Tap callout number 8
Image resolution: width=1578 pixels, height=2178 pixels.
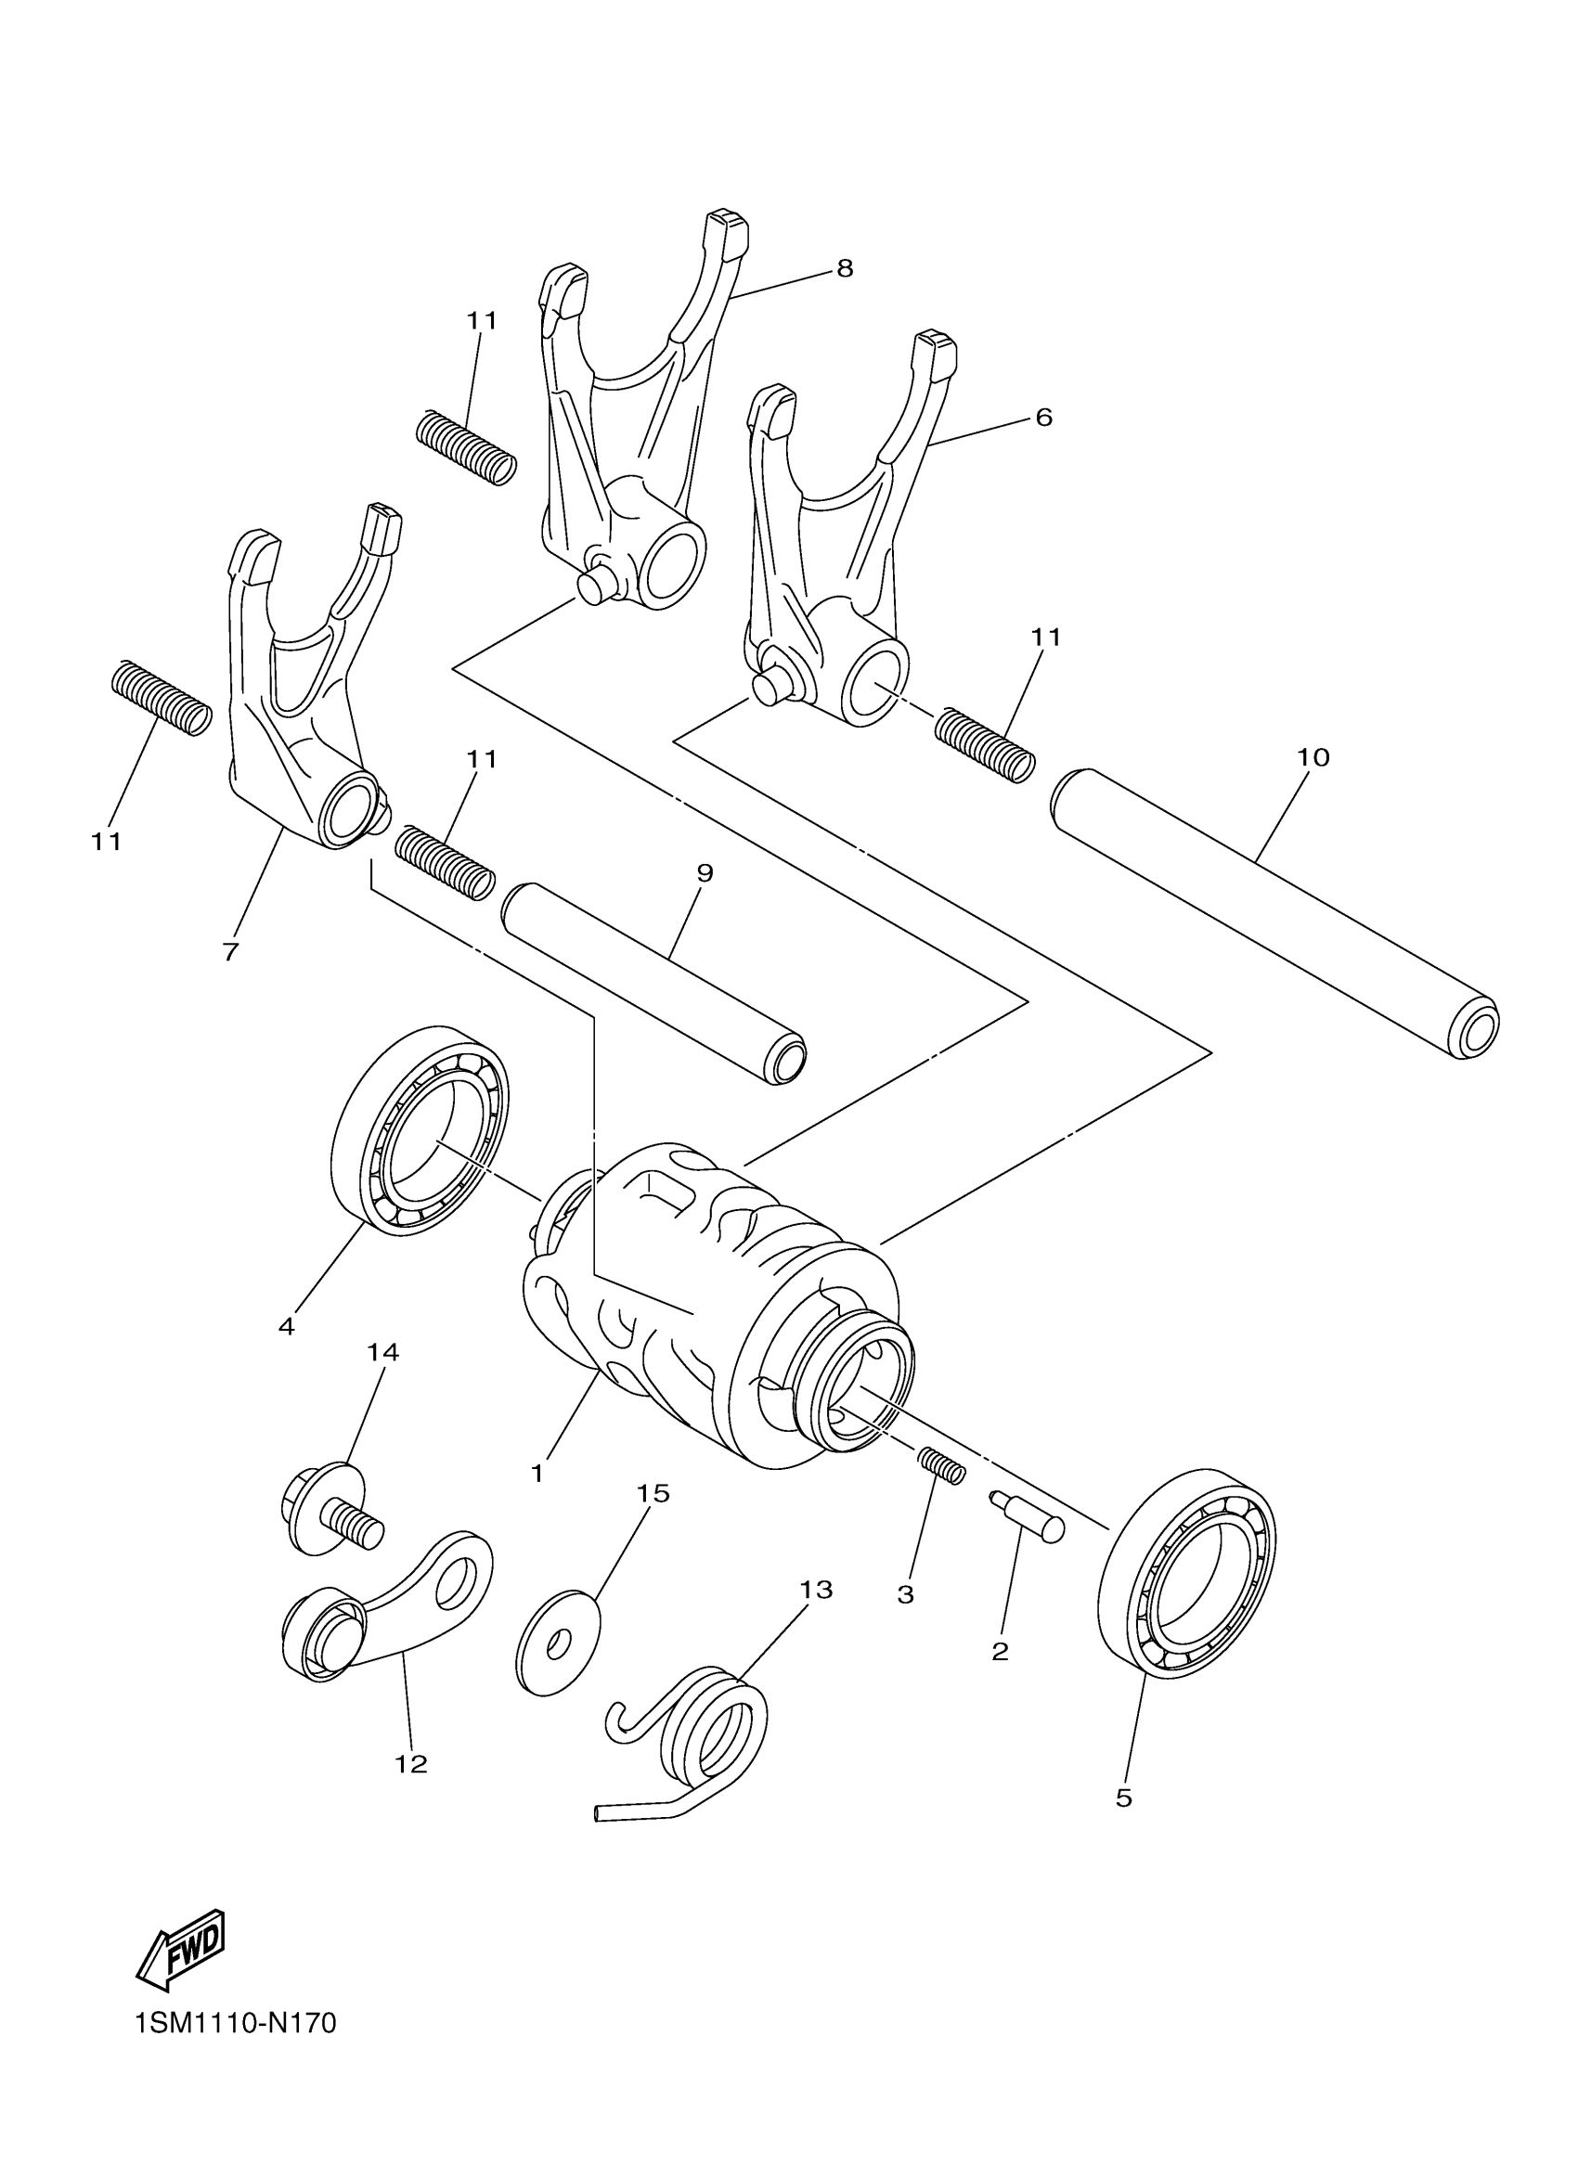click(x=844, y=268)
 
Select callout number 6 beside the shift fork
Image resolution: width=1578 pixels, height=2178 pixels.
click(x=1043, y=417)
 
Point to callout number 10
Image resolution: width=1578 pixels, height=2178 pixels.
click(x=1312, y=756)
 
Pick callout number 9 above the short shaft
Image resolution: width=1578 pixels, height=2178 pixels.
click(x=704, y=873)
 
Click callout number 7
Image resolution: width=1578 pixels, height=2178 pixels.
click(x=229, y=952)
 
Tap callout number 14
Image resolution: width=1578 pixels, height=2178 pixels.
click(x=382, y=1352)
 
